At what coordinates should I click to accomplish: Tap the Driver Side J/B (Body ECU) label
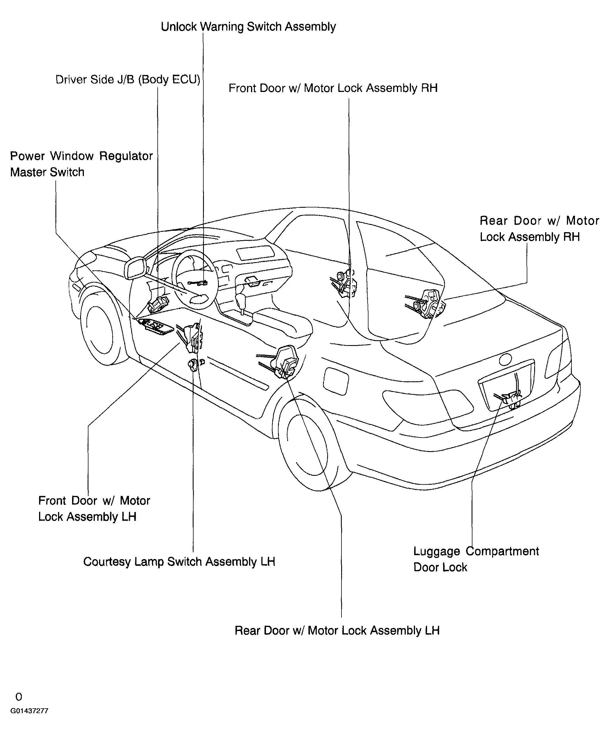(x=128, y=80)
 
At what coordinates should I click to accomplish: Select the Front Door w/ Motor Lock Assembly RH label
(x=333, y=88)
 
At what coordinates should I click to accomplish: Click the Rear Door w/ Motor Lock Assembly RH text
(x=539, y=229)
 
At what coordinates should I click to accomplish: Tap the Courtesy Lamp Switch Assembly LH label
(x=179, y=562)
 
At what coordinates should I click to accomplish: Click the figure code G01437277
(x=29, y=711)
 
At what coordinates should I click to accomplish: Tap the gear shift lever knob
(x=241, y=300)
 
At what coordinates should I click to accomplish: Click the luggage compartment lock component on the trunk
(x=509, y=398)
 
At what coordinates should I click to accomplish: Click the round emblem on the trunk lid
(x=505, y=359)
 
